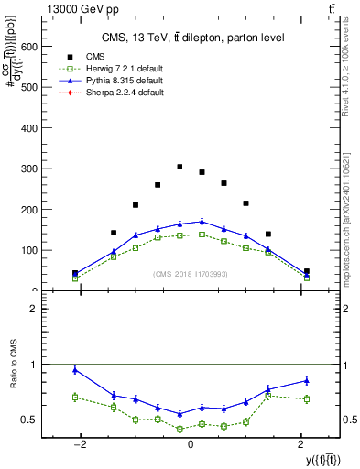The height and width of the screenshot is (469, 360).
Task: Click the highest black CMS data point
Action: tap(180, 167)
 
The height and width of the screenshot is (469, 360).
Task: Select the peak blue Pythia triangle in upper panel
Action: tap(202, 221)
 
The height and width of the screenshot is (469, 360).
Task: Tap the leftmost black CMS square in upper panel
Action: tap(75, 273)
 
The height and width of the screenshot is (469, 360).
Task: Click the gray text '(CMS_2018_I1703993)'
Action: tap(191, 273)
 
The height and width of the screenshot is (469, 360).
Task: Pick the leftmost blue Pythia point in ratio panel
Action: tap(75, 370)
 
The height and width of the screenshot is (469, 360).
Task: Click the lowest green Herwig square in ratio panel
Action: tap(180, 429)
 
